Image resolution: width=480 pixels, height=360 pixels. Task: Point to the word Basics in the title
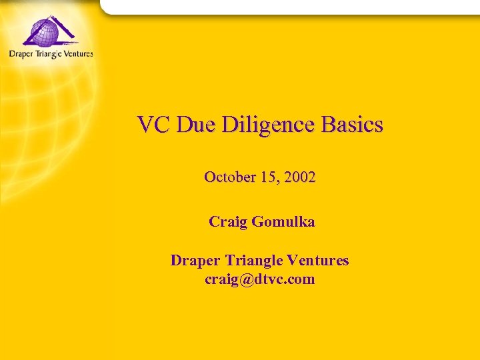352,125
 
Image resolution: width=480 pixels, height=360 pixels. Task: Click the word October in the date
230,177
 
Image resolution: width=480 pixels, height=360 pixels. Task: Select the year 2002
299,177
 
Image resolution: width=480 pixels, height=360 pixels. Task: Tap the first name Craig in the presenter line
227,222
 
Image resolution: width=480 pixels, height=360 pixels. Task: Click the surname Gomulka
283,222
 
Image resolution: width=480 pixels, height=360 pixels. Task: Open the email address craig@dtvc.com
260,279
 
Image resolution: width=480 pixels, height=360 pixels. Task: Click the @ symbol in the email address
246,279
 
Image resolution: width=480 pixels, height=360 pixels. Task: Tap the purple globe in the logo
41,31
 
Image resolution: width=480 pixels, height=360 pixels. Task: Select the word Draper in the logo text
22,54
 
